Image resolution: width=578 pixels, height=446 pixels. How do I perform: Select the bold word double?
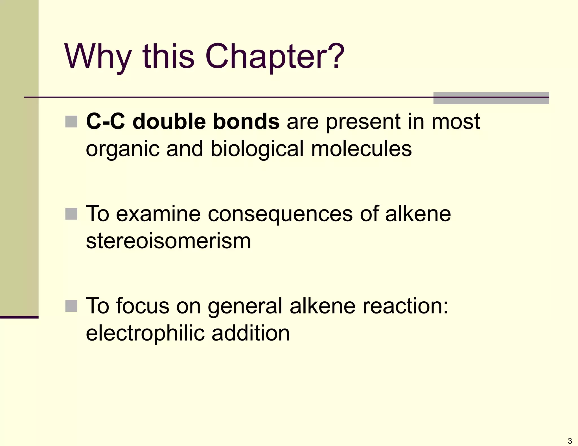click(x=169, y=122)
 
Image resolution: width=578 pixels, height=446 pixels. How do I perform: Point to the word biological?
click(x=257, y=149)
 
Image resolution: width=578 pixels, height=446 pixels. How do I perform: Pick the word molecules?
click(x=361, y=149)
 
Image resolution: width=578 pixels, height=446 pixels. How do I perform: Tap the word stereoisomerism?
click(x=168, y=241)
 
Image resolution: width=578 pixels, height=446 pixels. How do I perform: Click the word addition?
click(x=251, y=333)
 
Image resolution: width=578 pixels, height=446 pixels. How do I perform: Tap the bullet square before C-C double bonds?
click(x=71, y=122)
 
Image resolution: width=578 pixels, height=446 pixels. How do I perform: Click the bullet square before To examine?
click(x=71, y=214)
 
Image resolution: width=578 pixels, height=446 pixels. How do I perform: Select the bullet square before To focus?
click(x=71, y=306)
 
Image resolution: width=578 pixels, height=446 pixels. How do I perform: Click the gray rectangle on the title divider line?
click(x=491, y=98)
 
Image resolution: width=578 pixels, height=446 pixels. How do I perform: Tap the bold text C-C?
click(x=106, y=122)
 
